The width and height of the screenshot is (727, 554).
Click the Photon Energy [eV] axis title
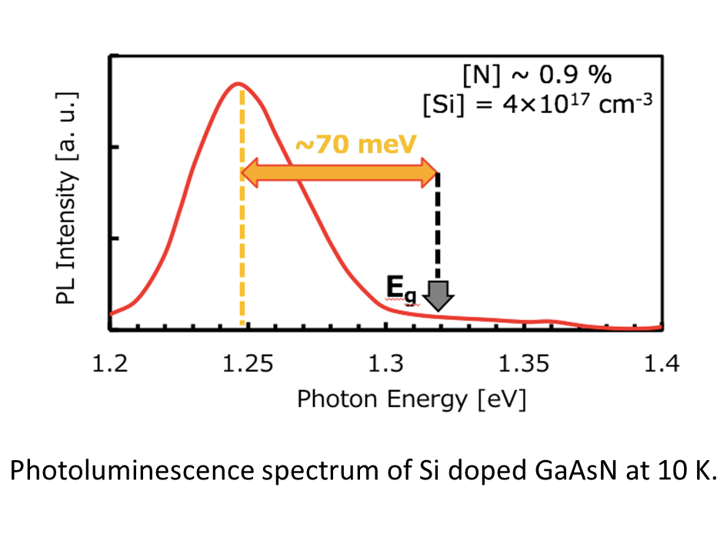pyautogui.click(x=412, y=399)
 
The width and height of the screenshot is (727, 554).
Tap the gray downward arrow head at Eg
pyautogui.click(x=439, y=297)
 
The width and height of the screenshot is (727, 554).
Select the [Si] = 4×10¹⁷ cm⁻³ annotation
pyautogui.click(x=530, y=102)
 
